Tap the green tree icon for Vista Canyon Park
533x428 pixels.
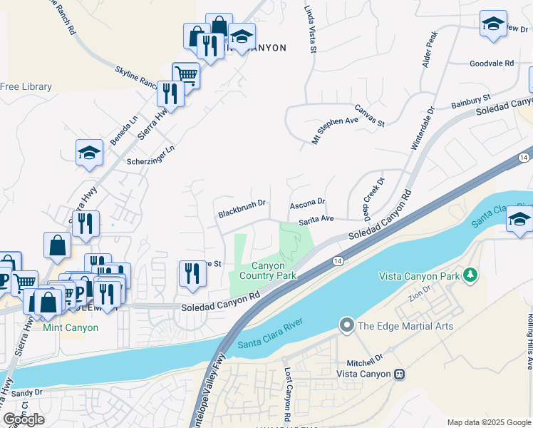(470, 274)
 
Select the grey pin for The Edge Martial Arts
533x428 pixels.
(347, 326)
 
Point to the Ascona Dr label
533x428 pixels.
(307, 204)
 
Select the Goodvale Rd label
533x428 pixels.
(492, 63)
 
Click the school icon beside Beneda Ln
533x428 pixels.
(90, 152)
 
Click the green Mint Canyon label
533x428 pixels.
(70, 327)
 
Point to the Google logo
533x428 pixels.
(24, 419)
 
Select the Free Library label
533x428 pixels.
(26, 86)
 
